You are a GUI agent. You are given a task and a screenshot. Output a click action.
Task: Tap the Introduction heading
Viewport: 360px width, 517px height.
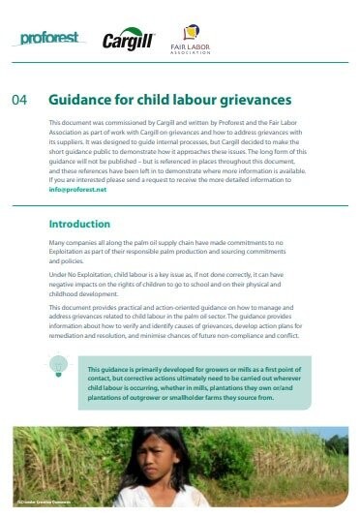pos(78,224)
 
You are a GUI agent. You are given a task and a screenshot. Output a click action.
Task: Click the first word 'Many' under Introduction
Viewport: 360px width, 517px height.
pos(58,247)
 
